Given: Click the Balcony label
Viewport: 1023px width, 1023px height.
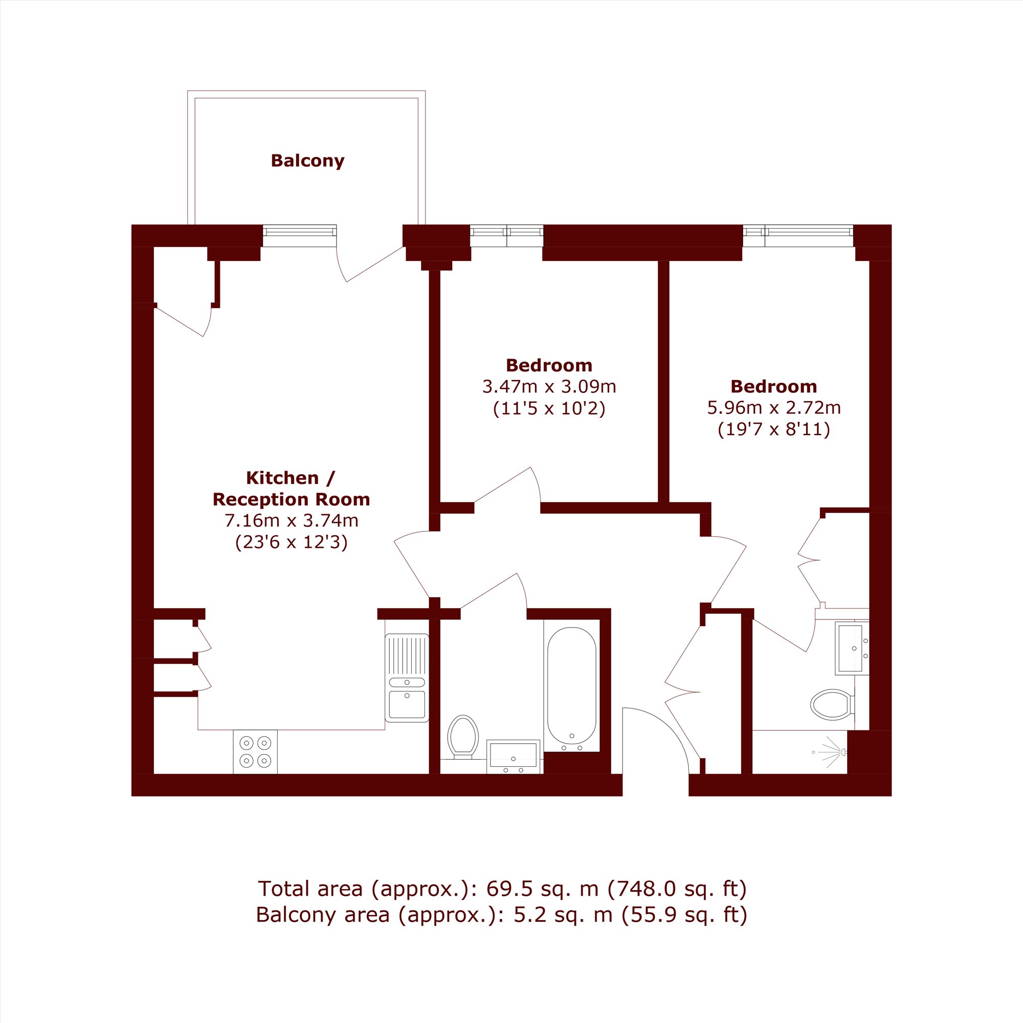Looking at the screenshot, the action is (307, 161).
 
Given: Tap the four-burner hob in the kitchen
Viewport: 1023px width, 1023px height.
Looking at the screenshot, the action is (255, 752).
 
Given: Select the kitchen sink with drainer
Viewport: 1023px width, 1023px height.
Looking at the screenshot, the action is (407, 678).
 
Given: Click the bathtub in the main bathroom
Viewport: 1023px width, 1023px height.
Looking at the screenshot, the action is (572, 685).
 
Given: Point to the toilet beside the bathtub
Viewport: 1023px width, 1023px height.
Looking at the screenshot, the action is (463, 737).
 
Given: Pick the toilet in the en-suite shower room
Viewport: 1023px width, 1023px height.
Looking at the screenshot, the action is (832, 704).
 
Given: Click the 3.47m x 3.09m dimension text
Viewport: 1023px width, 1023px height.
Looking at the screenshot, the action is (549, 387).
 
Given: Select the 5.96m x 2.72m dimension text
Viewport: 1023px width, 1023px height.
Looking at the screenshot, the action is (774, 408).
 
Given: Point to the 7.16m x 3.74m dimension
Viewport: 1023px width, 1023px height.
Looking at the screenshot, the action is (292, 521).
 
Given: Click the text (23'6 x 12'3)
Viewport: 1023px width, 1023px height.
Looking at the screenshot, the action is (292, 542).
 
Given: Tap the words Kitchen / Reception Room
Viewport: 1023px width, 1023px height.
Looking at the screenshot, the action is (291, 488).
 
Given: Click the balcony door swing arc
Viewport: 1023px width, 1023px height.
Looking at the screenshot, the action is (340, 265).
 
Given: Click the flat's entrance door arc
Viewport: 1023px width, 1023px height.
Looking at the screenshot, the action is (668, 725).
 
